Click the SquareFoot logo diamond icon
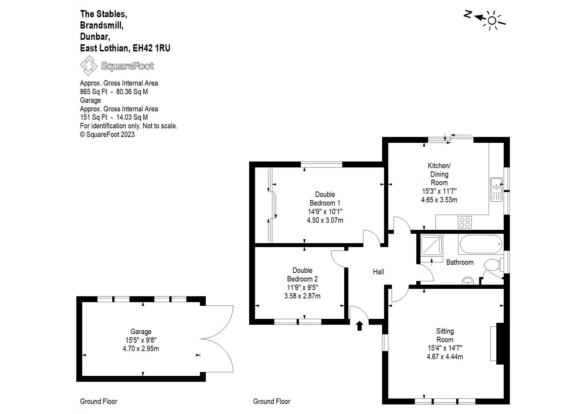pyautogui.click(x=89, y=65)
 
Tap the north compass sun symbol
pyautogui.click(x=492, y=20)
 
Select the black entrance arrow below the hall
pyautogui.click(x=359, y=326)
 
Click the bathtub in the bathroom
pyautogui.click(x=481, y=244)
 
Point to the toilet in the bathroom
pyautogui.click(x=492, y=265)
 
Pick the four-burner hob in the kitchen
pyautogui.click(x=465, y=222)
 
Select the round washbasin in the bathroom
pyautogui.click(x=468, y=281)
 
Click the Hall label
pyautogui.click(x=378, y=272)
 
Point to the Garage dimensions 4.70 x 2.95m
pyautogui.click(x=141, y=349)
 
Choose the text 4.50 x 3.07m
pyautogui.click(x=325, y=220)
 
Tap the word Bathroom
pyautogui.click(x=460, y=262)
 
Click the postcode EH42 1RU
pyautogui.click(x=151, y=48)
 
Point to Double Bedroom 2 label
pyautogui.click(x=302, y=275)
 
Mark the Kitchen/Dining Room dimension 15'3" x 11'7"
pyautogui.click(x=439, y=191)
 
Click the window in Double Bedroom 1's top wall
pyautogui.click(x=321, y=164)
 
